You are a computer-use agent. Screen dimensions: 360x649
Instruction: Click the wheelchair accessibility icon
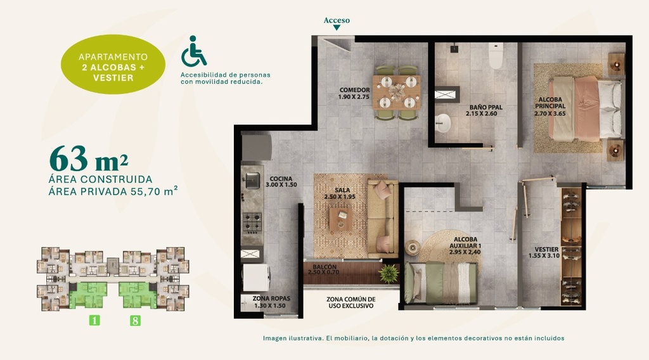coord(194,51)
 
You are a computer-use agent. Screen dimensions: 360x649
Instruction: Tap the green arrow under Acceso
coord(337,28)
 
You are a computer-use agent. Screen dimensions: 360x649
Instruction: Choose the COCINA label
coord(281,182)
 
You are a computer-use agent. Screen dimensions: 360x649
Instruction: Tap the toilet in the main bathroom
coord(496,55)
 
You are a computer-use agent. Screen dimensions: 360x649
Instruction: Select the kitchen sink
coord(252,180)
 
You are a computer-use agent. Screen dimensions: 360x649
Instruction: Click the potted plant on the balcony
coord(389,273)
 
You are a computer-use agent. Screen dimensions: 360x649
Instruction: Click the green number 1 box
coord(94,320)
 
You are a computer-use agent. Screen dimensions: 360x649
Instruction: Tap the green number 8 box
coord(135,320)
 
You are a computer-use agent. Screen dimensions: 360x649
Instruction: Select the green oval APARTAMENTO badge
coord(113,64)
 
